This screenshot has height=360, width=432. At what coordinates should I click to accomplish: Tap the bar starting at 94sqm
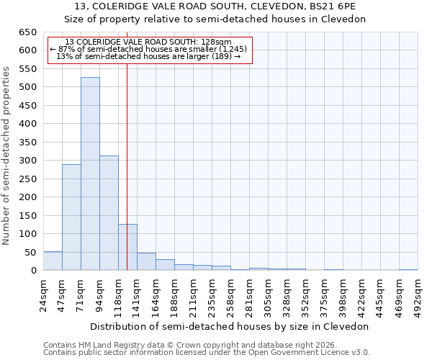pos(109,213)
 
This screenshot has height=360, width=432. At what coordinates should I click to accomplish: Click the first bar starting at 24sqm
pos(53,261)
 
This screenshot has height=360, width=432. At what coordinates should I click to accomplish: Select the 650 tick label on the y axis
pos(27,32)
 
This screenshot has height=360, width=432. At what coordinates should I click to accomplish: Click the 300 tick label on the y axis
pos(27,161)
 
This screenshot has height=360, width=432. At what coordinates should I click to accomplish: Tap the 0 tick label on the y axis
pos(33,271)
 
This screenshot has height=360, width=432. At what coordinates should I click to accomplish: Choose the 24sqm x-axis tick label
pos(43,293)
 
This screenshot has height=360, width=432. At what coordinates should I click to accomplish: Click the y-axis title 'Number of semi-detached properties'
pos(7,156)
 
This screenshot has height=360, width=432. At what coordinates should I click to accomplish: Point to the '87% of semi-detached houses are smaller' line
pos(149,49)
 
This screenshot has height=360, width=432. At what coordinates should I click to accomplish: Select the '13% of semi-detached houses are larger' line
pos(148,56)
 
